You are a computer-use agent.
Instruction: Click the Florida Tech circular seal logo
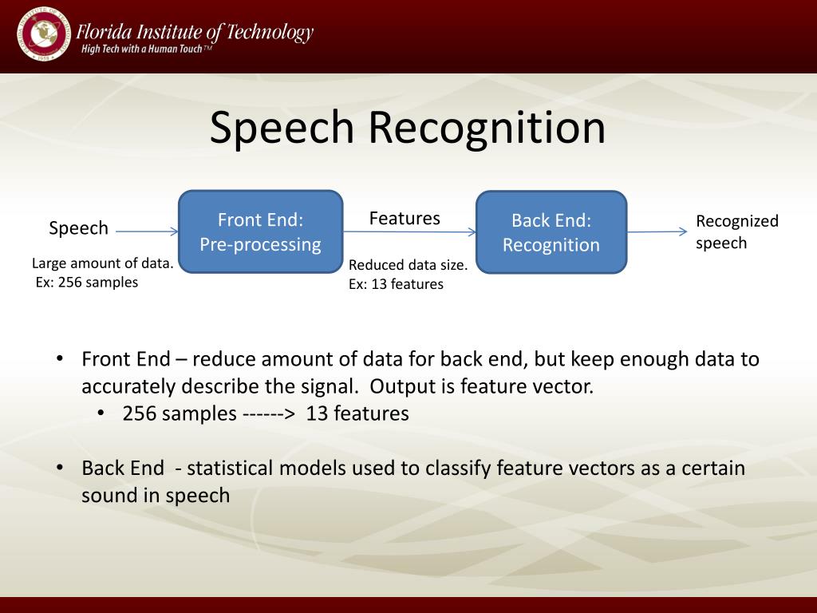(43, 34)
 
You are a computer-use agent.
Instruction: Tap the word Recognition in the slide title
(487, 129)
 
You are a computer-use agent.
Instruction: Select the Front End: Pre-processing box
(261, 231)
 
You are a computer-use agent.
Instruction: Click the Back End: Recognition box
(551, 232)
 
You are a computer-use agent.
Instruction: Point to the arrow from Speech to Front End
(147, 231)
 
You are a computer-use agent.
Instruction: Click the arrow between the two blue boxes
(409, 232)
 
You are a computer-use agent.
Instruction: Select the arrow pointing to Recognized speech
(657, 231)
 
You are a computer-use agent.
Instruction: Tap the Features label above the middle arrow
(405, 219)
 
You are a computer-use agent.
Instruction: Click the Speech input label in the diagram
(78, 228)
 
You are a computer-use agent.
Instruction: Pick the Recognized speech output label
(736, 232)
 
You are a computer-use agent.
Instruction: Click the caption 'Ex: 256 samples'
(87, 283)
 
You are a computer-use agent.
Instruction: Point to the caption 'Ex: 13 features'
(396, 284)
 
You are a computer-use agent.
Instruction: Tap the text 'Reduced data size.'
(408, 265)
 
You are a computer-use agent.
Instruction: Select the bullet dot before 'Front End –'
(60, 358)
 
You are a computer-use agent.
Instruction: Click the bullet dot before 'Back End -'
(60, 468)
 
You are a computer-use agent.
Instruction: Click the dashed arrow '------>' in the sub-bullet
(269, 414)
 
